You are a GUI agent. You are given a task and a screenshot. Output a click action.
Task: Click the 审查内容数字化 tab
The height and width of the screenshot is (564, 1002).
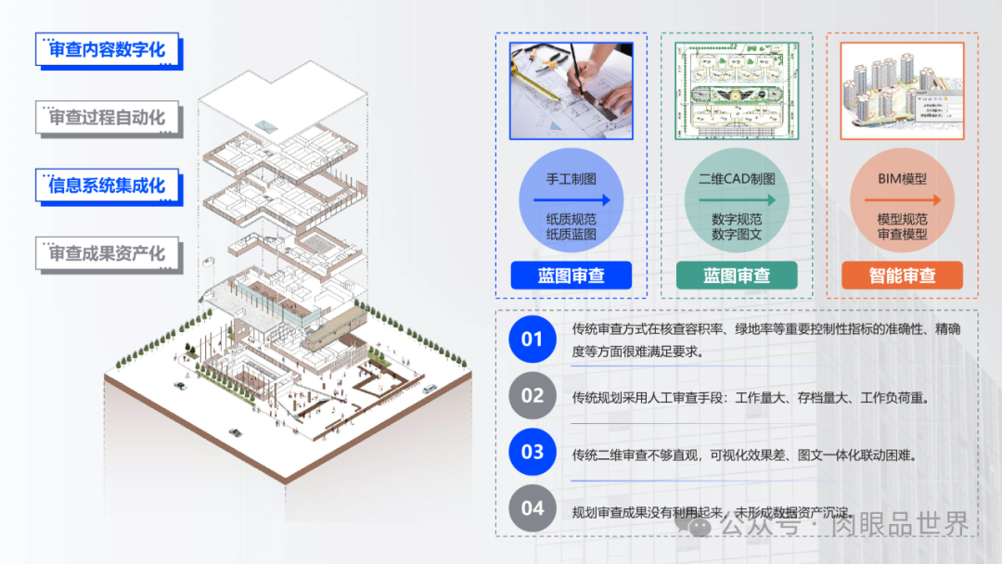[x=108, y=49]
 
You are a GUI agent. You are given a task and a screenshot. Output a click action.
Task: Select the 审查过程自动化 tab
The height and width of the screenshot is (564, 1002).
[x=108, y=118]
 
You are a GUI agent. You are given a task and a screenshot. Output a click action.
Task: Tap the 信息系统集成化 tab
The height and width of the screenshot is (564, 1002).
[x=108, y=186]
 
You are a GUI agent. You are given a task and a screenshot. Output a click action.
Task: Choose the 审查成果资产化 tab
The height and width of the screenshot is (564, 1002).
[x=108, y=253]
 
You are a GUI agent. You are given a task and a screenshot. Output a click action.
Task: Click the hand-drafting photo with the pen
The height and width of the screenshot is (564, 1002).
[x=571, y=91]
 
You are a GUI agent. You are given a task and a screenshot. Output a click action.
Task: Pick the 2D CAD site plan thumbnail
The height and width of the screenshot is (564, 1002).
[x=737, y=91]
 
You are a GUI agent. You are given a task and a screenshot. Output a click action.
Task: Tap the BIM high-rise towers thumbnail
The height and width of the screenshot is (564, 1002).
[x=902, y=91]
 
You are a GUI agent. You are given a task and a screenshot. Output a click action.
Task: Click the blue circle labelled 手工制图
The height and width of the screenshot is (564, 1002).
[x=572, y=199]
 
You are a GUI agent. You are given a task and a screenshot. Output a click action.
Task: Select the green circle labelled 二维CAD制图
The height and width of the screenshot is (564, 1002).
[x=737, y=199]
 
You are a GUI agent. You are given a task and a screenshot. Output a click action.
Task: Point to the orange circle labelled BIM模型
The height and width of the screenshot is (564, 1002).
[x=902, y=199]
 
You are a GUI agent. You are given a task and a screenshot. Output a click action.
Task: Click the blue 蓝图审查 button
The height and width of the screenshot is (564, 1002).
[x=571, y=276]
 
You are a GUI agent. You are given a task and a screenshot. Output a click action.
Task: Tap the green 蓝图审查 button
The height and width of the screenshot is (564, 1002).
[x=737, y=276]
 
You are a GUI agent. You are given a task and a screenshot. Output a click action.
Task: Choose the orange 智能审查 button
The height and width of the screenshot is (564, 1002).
[x=902, y=276]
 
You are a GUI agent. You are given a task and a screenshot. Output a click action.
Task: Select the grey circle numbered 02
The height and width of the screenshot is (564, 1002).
[x=533, y=396]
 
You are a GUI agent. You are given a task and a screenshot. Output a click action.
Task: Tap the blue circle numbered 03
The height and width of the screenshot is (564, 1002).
[x=533, y=453]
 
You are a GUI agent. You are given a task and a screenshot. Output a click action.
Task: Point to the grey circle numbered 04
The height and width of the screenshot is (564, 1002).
[x=533, y=508]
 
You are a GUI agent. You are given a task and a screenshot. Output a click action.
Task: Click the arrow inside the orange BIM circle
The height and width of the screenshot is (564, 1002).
[x=903, y=199]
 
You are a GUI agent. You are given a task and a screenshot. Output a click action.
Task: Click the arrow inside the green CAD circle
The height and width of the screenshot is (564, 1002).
[x=738, y=199]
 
